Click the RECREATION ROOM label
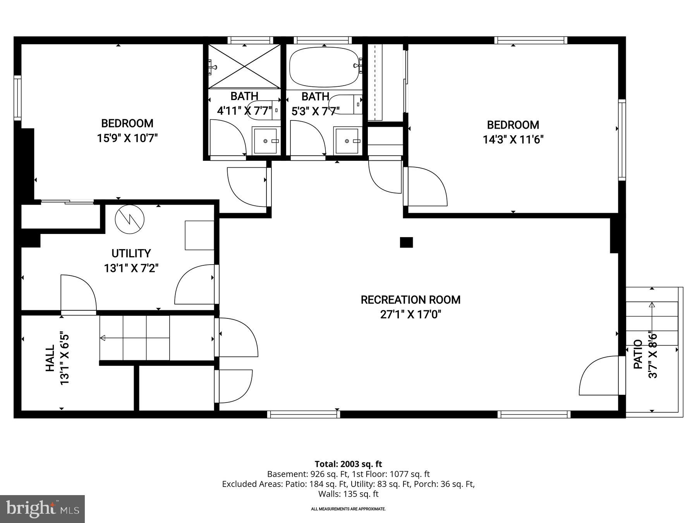[410, 300]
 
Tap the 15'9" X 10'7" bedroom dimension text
[127, 138]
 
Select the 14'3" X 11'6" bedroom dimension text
[513, 139]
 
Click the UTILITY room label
[131, 253]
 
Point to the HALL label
[50, 359]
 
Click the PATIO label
[638, 354]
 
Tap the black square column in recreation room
[406, 243]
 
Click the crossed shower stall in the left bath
[245, 66]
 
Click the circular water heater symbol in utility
[130, 220]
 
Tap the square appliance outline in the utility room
[199, 235]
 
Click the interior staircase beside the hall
[135, 338]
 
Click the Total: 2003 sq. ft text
[348, 464]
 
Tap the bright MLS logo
[42, 509]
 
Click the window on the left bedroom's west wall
[17, 98]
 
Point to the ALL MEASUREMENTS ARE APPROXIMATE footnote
[348, 509]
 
